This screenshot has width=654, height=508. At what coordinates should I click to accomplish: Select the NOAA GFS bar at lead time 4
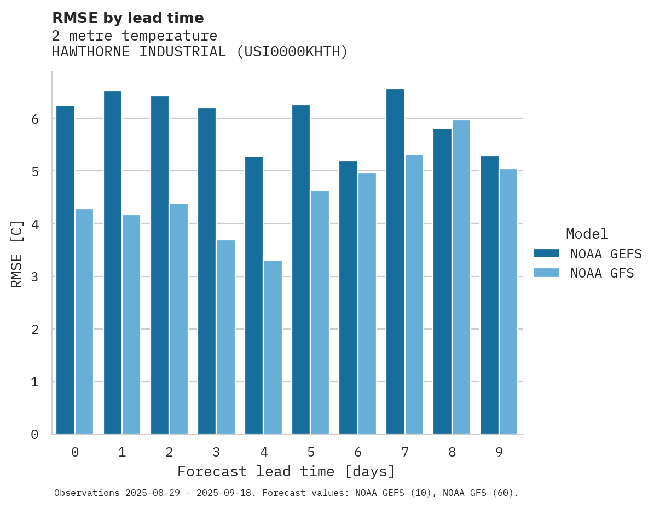273,347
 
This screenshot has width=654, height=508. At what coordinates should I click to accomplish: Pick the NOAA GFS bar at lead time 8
461,277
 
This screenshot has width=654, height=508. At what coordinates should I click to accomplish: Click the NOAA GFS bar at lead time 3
225,337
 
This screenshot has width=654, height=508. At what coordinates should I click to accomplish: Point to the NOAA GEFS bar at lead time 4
254,295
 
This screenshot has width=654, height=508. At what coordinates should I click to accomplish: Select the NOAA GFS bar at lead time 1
131,325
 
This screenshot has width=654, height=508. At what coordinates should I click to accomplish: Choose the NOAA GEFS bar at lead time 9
489,295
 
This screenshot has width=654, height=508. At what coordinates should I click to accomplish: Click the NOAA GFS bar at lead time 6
367,303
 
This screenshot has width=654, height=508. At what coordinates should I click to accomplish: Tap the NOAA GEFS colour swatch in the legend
546,253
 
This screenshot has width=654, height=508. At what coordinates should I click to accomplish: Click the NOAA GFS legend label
602,273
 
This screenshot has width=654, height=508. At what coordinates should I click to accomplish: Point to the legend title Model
587,234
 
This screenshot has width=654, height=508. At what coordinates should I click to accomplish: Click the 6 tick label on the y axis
34,119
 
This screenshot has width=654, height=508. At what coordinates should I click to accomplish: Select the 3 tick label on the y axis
34,277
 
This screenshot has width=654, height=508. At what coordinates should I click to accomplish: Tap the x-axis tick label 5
311,452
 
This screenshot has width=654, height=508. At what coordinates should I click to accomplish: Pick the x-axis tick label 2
169,452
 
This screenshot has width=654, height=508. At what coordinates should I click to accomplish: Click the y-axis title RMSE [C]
17,253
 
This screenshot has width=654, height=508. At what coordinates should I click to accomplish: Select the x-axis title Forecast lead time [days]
286,471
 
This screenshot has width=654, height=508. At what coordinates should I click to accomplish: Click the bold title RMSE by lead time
128,18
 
